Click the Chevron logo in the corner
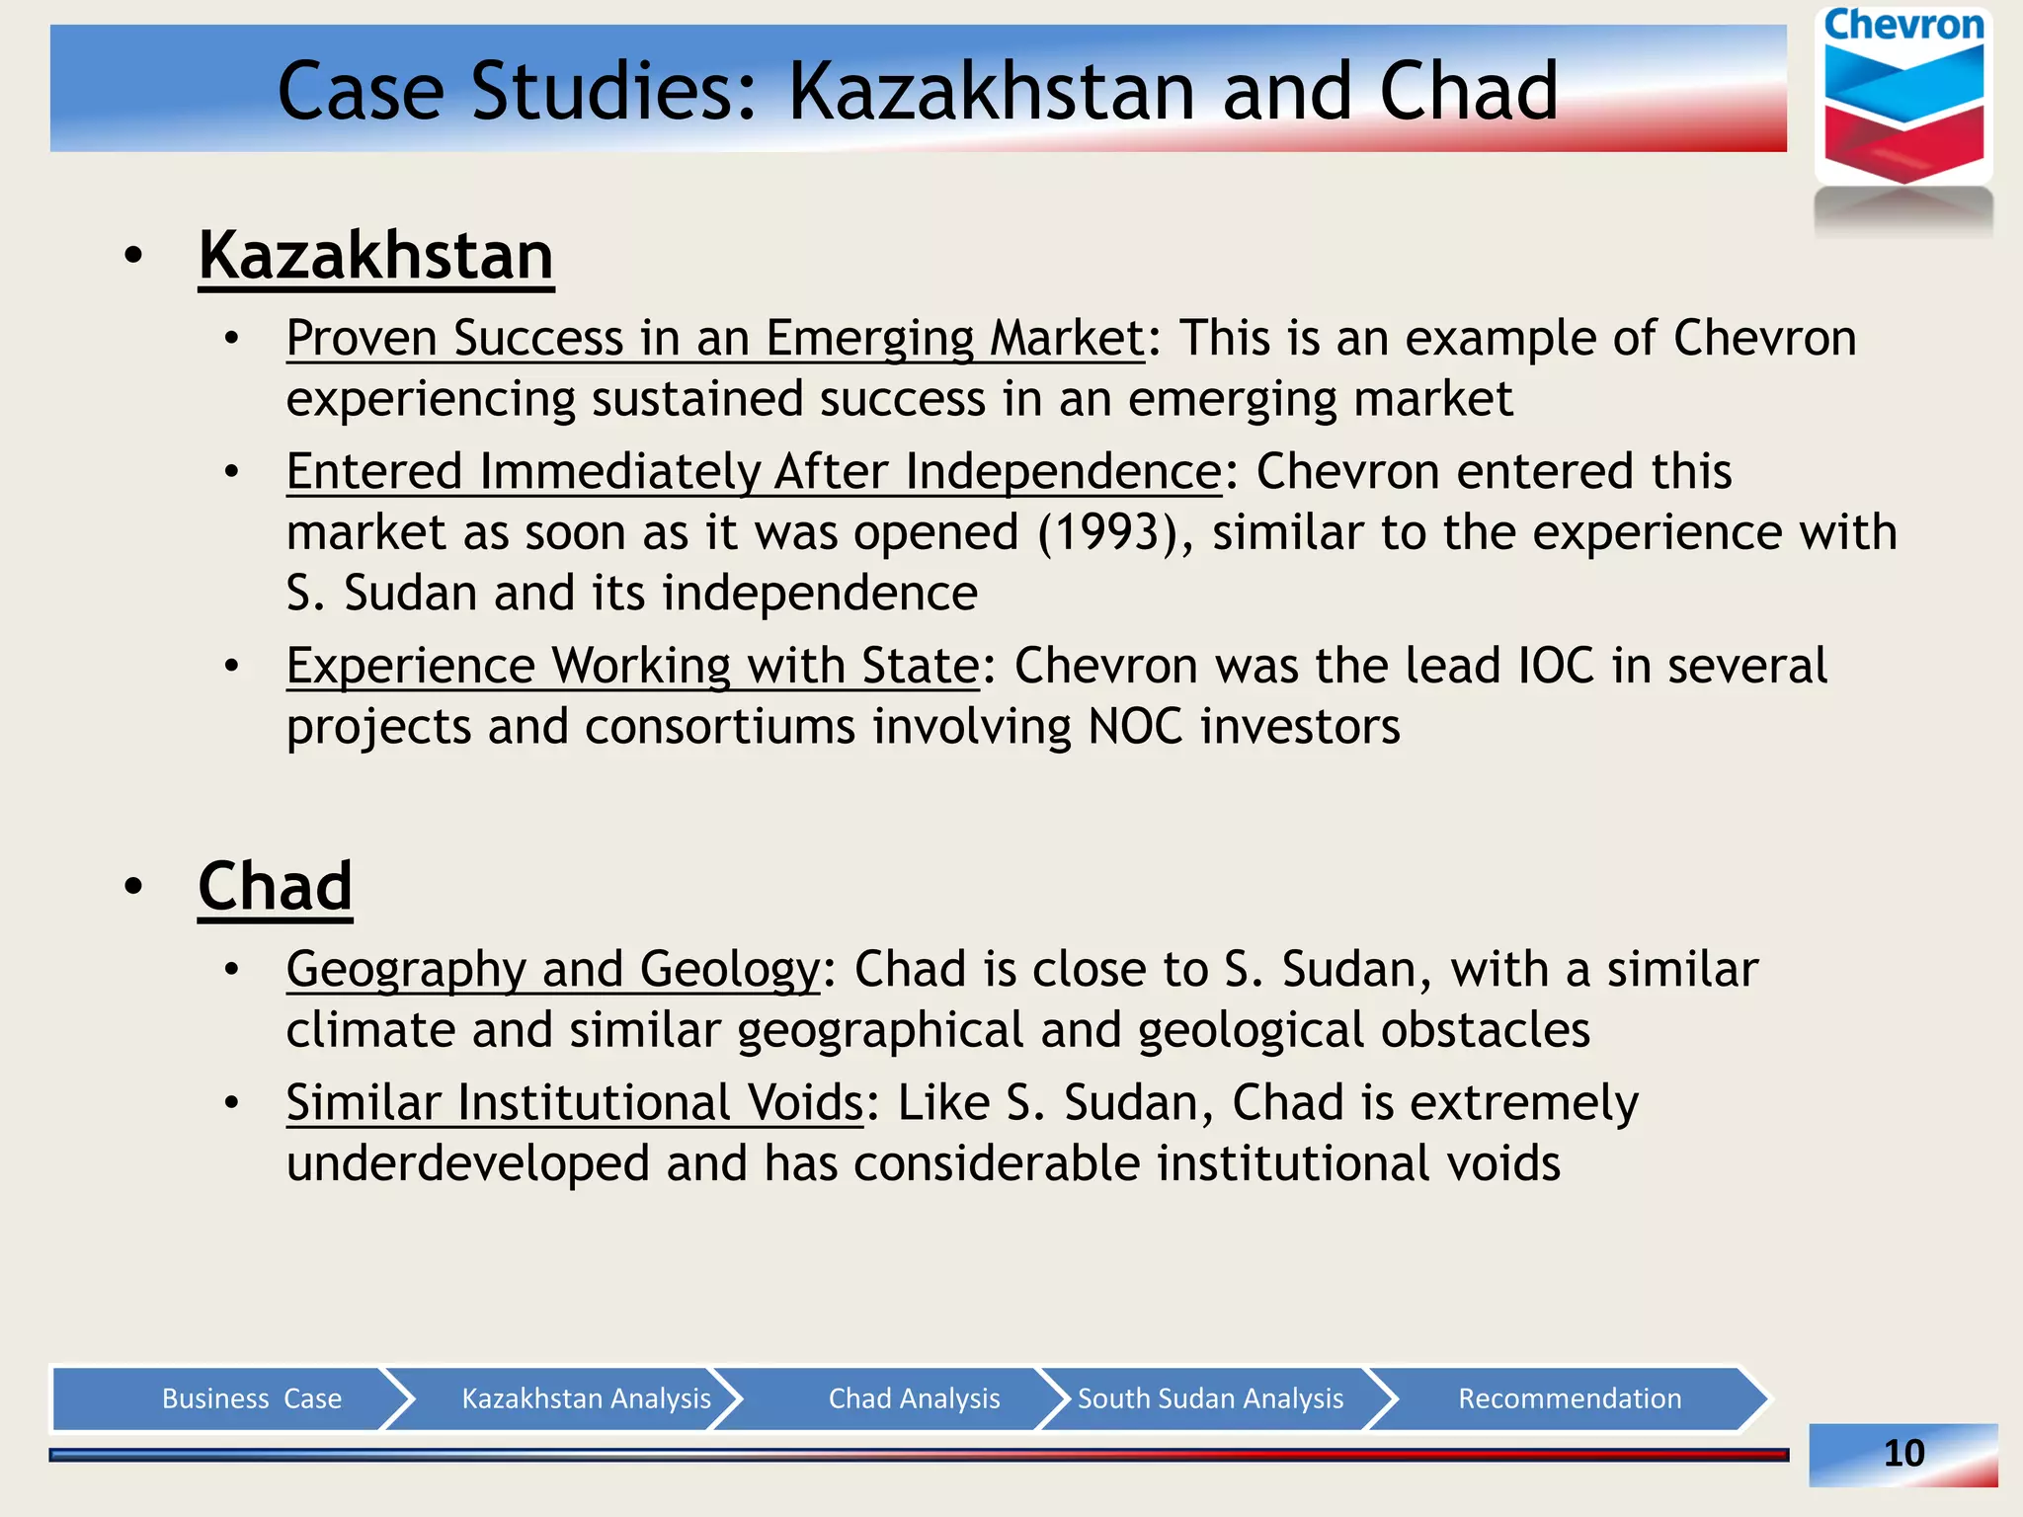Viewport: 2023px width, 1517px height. click(1902, 99)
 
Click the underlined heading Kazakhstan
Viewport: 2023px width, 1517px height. click(375, 257)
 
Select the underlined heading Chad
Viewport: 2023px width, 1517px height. click(275, 887)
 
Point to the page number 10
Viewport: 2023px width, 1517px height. click(1903, 1453)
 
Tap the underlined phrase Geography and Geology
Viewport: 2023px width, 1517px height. click(553, 970)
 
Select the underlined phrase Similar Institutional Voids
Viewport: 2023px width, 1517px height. click(575, 1103)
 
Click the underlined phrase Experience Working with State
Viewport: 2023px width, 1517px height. click(632, 667)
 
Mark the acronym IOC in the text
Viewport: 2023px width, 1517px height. click(1556, 667)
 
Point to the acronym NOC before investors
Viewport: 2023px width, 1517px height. click(1134, 728)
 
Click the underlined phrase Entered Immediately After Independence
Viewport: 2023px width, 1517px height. click(754, 472)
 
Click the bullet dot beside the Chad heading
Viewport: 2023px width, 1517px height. click(134, 887)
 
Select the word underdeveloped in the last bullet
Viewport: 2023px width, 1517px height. click(467, 1164)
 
